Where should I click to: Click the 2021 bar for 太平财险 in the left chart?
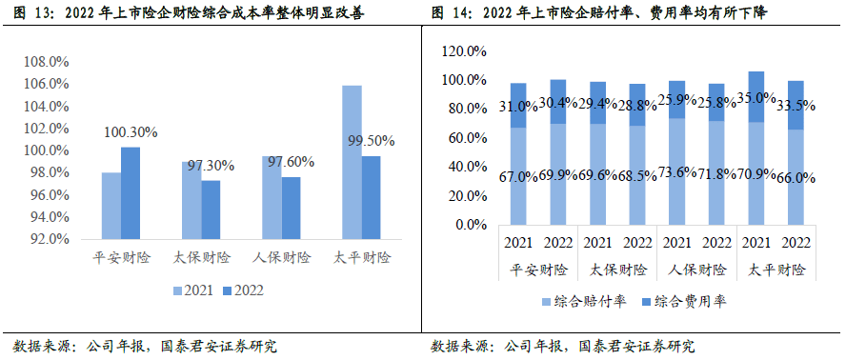tap(352, 162)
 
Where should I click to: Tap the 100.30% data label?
tap(131, 131)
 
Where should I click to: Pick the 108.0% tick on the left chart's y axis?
tap(46, 62)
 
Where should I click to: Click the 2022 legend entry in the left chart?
tap(242, 290)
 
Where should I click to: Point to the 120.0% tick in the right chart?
tap(465, 50)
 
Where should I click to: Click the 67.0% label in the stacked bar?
tap(518, 177)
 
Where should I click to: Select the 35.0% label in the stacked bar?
tap(756, 97)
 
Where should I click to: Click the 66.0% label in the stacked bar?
tap(796, 177)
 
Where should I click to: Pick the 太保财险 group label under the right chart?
tap(618, 269)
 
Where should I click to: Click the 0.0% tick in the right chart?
tap(471, 226)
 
